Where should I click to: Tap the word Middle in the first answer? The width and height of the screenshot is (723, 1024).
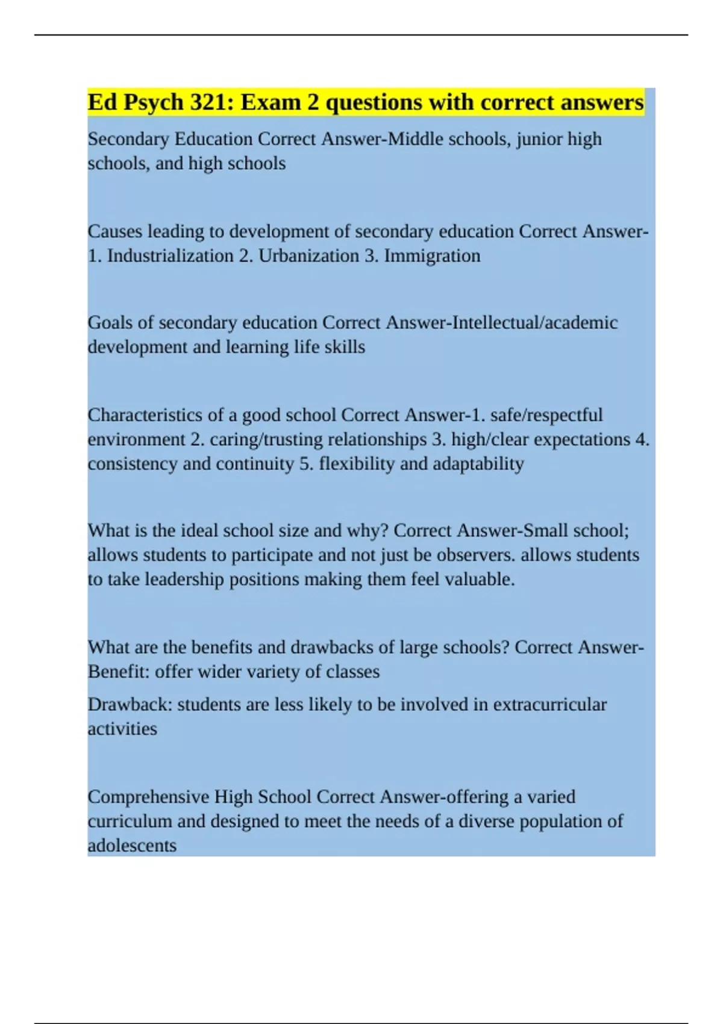416,139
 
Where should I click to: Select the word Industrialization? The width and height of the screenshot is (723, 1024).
170,256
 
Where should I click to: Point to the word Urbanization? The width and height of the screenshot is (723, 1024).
308,256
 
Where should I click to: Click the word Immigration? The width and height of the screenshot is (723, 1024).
432,256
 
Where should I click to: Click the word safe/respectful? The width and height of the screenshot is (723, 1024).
546,415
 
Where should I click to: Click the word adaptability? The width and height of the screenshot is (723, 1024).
478,464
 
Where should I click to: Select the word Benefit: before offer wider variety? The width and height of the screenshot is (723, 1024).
118,672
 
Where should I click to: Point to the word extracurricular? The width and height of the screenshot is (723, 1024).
549,705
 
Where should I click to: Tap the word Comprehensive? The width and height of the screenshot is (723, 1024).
148,798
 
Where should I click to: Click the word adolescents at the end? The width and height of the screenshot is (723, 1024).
132,846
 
